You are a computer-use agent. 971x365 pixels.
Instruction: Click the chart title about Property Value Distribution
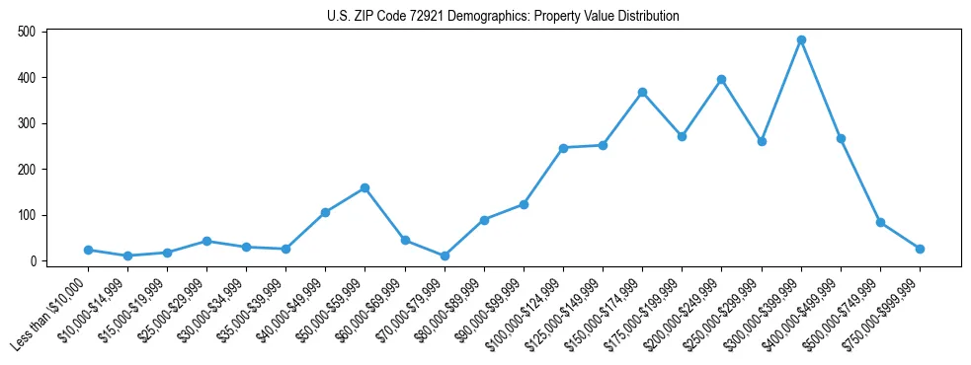[503, 17]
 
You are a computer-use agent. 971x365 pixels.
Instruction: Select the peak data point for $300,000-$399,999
[801, 40]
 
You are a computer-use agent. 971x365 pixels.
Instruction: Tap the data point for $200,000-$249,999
[722, 79]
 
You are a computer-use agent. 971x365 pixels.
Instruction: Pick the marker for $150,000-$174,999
[642, 93]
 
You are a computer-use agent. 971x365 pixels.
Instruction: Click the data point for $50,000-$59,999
[364, 187]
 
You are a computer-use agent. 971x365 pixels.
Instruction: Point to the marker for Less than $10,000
[88, 251]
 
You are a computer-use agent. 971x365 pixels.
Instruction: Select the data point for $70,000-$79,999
[445, 255]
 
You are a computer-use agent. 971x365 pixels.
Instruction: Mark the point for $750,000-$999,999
[920, 249]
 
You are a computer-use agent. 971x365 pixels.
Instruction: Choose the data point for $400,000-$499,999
[841, 138]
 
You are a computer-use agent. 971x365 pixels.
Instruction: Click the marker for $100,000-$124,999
[563, 148]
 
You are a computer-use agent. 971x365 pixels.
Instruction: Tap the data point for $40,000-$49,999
[325, 212]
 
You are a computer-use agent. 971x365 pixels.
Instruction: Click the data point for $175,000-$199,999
[682, 136]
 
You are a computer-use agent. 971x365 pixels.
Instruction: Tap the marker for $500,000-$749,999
[880, 223]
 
